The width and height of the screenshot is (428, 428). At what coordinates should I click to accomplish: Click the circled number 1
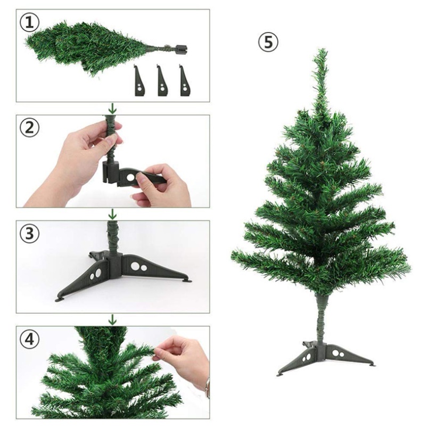coord(29,23)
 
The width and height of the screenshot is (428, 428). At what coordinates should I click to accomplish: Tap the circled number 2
coord(29,128)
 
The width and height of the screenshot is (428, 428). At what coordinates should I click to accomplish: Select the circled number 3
coord(29,234)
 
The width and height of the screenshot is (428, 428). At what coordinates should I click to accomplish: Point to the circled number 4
coord(29,339)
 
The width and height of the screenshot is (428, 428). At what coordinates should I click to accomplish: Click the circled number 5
coord(268,42)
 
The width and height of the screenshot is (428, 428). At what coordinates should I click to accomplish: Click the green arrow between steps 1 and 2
coord(112,109)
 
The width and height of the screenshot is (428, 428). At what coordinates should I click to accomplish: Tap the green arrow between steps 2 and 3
coord(112,215)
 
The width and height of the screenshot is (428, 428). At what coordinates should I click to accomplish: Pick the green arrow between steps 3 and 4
coord(112,319)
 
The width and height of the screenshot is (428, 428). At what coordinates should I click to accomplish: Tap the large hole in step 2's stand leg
coord(130,178)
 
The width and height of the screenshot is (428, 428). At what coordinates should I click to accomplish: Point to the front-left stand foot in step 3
coord(60,299)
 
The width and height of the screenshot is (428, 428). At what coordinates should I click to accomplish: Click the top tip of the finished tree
coord(323,50)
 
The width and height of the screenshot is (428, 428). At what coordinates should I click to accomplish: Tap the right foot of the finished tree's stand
coord(371,365)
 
